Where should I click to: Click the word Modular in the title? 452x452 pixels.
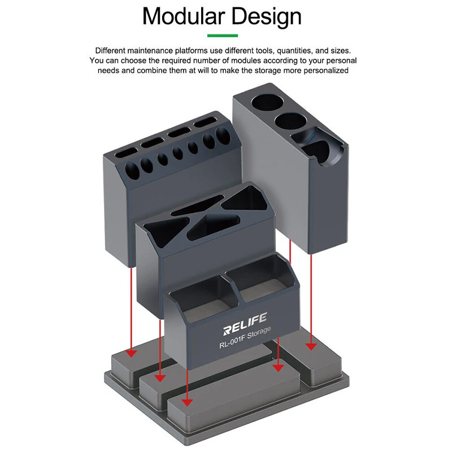(x=184, y=16)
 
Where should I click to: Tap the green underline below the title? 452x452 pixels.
(x=223, y=36)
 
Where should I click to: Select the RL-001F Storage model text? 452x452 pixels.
(x=245, y=337)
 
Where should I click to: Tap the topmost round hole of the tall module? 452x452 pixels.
(x=267, y=102)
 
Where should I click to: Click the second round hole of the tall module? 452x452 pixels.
(x=290, y=121)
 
